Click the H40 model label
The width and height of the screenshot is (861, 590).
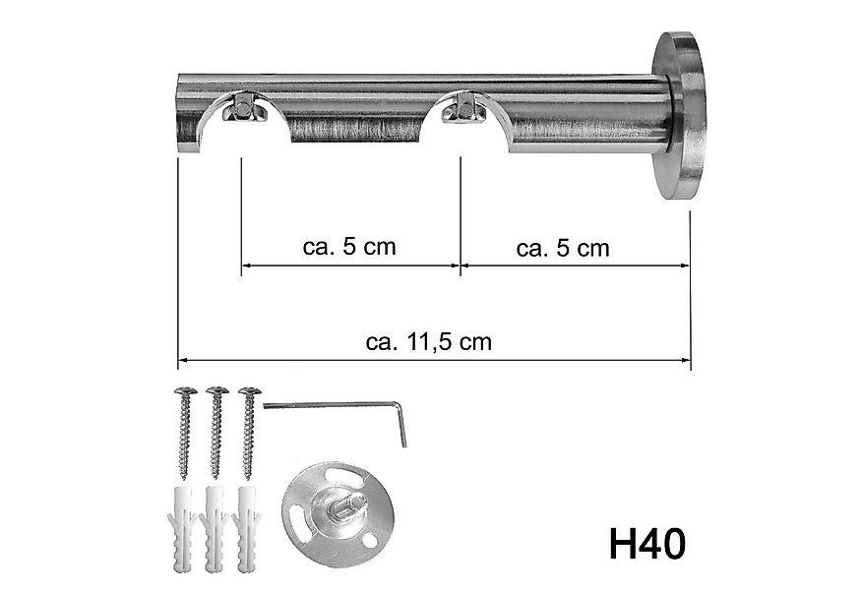point(646,544)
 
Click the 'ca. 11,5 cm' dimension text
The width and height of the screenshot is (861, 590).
point(428,342)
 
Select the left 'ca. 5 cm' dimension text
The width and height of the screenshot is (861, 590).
point(349,246)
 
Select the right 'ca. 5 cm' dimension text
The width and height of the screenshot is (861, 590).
point(563,248)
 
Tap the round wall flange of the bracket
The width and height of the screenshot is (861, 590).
point(680,115)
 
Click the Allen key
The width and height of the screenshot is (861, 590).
point(335,405)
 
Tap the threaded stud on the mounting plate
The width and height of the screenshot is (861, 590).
point(349,511)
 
